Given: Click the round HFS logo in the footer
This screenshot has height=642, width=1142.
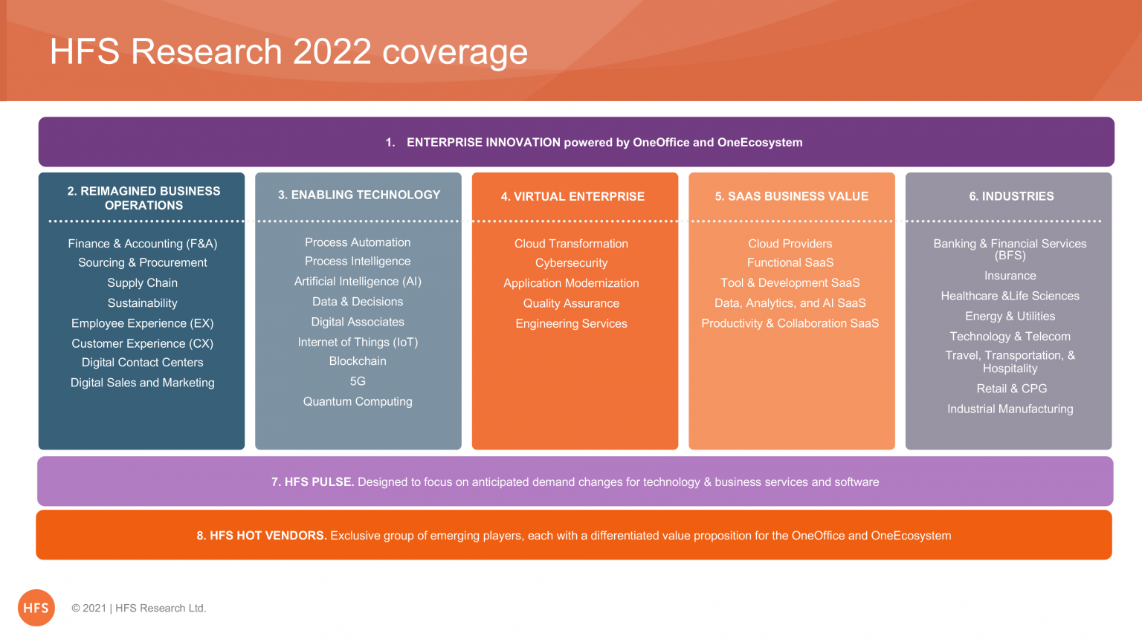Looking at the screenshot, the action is [x=36, y=608].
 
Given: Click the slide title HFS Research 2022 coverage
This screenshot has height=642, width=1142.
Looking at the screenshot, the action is [x=288, y=52].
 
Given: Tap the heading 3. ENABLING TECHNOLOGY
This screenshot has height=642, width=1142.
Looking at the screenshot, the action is [x=359, y=195].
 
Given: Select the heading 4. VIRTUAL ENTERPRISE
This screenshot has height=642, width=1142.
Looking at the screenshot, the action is [x=572, y=196].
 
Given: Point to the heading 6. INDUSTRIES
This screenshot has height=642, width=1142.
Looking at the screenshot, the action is [x=1011, y=196].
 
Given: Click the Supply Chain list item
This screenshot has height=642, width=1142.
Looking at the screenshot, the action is [x=142, y=283].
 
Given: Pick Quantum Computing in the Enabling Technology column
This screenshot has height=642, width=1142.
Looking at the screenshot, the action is [x=358, y=401].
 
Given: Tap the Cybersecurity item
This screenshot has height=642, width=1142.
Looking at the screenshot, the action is [x=571, y=263].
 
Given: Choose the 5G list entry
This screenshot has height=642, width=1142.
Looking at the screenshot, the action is [x=358, y=381].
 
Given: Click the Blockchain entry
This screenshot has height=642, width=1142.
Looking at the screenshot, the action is [x=358, y=360].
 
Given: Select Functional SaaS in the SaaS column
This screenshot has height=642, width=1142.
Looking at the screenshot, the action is [x=790, y=262].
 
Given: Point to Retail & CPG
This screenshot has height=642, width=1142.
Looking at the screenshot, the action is [x=1011, y=389].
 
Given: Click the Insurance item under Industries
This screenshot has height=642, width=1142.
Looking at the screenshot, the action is [x=1010, y=276].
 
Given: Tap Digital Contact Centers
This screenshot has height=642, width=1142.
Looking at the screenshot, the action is [x=142, y=363].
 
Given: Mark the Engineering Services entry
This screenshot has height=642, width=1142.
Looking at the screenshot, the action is [x=571, y=323].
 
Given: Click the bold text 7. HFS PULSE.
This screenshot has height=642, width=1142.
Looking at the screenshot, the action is [x=312, y=481].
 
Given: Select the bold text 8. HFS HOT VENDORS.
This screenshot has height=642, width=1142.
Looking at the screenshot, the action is [x=262, y=536].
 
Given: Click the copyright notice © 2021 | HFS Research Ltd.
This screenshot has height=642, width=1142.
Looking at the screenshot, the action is [x=139, y=608].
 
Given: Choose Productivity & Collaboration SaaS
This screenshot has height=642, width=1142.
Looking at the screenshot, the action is [x=790, y=323].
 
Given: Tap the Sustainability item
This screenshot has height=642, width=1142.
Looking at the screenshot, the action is [x=142, y=303].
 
